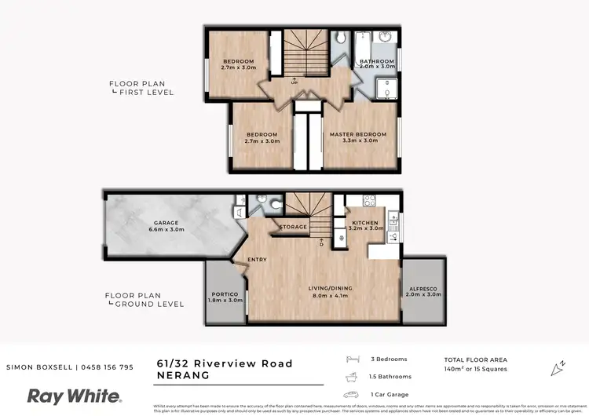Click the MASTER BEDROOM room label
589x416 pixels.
[x=358, y=134]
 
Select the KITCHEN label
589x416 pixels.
[x=365, y=223]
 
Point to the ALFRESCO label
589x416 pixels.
[x=424, y=287]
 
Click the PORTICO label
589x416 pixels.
[x=225, y=293]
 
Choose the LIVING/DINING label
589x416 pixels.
[x=330, y=288]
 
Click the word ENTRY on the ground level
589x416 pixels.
[x=257, y=260]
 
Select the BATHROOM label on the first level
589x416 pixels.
[x=377, y=60]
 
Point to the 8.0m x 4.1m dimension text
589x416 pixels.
[x=330, y=295]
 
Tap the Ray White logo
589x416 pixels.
[x=75, y=396]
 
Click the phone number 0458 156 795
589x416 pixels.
[x=104, y=367]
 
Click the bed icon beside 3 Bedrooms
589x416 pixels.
[x=353, y=359]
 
